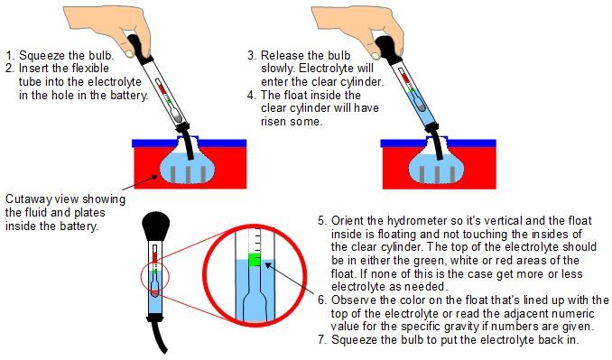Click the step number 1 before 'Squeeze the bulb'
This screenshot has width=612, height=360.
pyautogui.click(x=9, y=53)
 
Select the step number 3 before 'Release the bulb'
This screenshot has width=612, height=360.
pyautogui.click(x=252, y=53)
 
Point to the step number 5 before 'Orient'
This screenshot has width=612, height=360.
pyautogui.click(x=322, y=219)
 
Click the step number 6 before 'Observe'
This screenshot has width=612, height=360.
pyautogui.click(x=322, y=299)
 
